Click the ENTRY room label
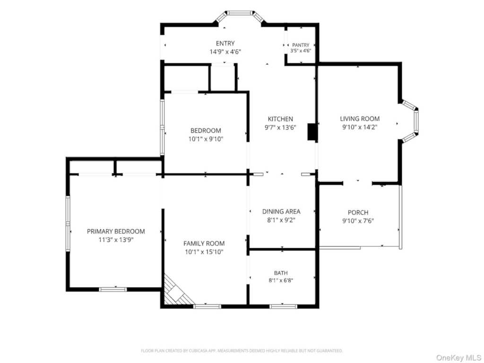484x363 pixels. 225,43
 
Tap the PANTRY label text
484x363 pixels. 301,45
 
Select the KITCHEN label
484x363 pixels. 280,119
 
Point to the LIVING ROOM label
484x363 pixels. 360,119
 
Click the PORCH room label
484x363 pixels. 358,212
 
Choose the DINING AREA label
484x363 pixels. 281,211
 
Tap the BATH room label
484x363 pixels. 281,273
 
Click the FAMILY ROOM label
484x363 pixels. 204,243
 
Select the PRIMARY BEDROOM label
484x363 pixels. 116,231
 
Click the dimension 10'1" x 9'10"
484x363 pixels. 206,139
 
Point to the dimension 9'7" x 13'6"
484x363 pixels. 280,127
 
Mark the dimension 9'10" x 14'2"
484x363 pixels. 360,127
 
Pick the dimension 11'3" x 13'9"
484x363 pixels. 116,240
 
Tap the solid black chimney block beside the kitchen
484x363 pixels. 312,132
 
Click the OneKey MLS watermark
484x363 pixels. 458,357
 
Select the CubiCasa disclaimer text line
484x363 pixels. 242,351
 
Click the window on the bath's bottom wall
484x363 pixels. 284,306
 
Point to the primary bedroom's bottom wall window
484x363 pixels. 112,289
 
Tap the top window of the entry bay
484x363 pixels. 240,13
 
